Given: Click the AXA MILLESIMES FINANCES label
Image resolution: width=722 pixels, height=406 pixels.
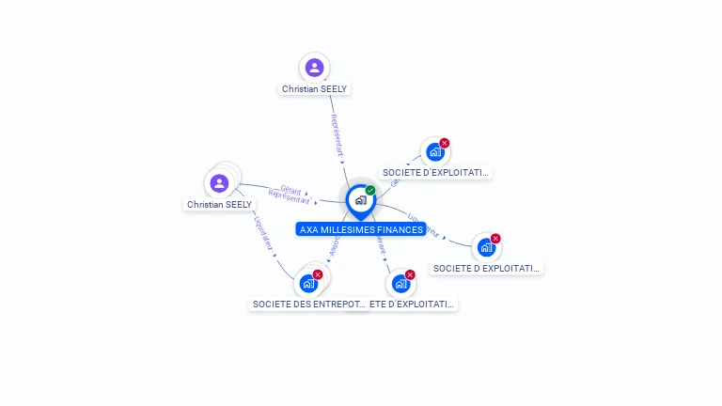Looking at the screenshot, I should pos(361,229).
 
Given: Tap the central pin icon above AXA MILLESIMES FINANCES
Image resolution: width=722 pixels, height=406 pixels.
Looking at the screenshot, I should pos(360,200).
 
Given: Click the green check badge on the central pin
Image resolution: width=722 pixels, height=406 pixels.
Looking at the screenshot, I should pos(370,190).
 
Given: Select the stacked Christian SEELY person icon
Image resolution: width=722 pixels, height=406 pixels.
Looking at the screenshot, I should pos(219,182).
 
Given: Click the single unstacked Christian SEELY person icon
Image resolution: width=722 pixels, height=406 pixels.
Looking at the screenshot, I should pos(314,68).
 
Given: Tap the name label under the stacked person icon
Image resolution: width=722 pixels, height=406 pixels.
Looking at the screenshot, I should pos(219,204).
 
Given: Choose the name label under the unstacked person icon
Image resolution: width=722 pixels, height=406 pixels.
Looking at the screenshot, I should pos(315,89).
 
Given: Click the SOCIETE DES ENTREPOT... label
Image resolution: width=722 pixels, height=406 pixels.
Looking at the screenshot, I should pos(308,304).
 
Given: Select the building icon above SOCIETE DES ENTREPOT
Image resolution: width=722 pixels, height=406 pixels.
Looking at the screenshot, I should pos(307,284).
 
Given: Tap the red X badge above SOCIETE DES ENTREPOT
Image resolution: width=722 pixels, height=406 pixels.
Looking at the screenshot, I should pos(318,274).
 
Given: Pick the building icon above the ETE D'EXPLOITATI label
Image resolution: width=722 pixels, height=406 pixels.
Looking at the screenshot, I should pos(400,284).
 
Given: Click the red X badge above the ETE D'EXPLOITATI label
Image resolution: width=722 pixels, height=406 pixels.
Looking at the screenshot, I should pos(410,274).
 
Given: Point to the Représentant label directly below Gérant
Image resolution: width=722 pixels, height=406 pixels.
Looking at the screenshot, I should pos(288,198).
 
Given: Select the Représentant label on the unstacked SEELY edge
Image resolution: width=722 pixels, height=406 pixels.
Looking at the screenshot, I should pos(337,136).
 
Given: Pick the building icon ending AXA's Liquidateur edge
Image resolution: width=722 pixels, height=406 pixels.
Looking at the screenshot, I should pos(485,247).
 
